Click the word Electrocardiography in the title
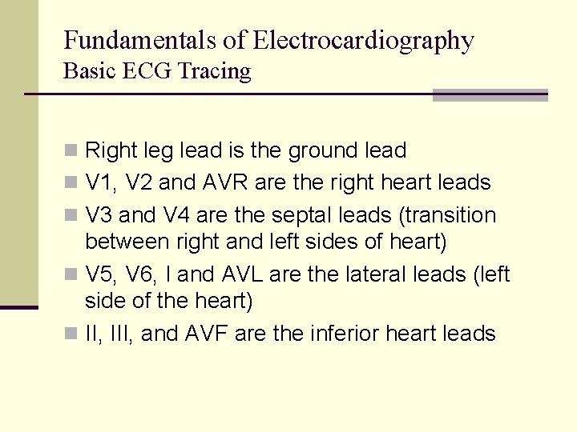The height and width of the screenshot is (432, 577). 363,41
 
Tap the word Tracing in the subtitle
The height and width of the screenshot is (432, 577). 215,71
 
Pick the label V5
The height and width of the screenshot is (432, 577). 99,274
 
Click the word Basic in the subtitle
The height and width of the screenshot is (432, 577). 91,71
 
